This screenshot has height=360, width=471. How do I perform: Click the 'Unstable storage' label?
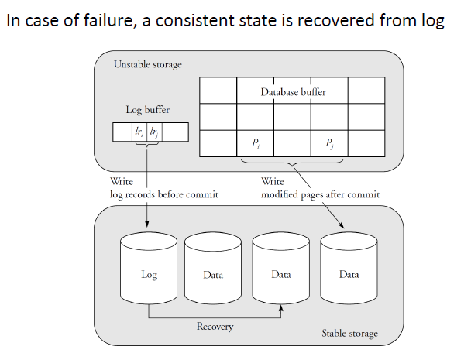148,64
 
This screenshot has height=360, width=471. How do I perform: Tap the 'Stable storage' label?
349,334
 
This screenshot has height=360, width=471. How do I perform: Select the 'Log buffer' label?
148,110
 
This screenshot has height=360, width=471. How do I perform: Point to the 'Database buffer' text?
293,92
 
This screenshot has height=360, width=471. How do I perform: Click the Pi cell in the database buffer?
256,142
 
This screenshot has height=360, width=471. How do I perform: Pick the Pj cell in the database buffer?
329,142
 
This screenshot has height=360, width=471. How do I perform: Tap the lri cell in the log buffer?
139,132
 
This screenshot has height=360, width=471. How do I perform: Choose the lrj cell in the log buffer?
155,132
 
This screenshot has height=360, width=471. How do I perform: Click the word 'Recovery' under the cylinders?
215,327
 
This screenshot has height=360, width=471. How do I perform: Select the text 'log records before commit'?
164,195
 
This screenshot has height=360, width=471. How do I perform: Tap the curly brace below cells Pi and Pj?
293,164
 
